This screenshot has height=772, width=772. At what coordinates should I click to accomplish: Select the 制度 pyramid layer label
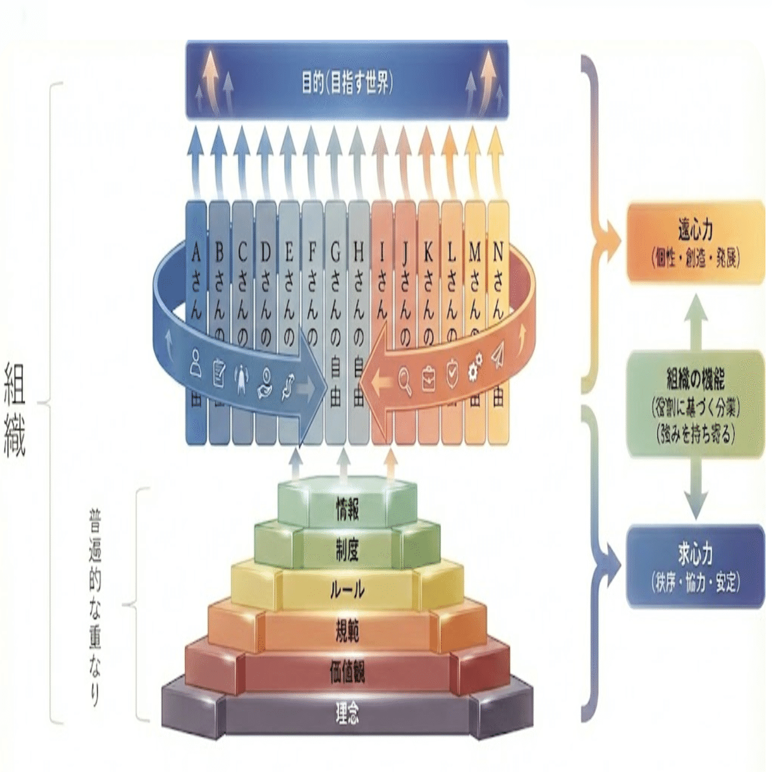pyautogui.click(x=347, y=551)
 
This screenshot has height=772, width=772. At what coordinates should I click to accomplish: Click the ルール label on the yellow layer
pyautogui.click(x=347, y=590)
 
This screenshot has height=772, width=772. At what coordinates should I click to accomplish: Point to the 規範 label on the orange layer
pyautogui.click(x=347, y=631)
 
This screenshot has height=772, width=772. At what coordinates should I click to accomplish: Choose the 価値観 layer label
pyautogui.click(x=347, y=673)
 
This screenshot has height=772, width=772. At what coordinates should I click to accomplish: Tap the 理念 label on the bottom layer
pyautogui.click(x=347, y=714)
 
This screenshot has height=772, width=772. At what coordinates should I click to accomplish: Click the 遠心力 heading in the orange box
pyautogui.click(x=695, y=230)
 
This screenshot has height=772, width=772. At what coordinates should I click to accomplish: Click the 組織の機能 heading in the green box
pyautogui.click(x=695, y=378)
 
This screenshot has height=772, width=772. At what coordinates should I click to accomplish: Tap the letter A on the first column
pyautogui.click(x=196, y=252)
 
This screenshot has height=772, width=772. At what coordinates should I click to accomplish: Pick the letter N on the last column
pyautogui.click(x=498, y=252)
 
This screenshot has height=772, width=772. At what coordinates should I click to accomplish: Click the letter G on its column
pyautogui.click(x=335, y=252)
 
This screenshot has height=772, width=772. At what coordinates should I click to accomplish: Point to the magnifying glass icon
pyautogui.click(x=405, y=380)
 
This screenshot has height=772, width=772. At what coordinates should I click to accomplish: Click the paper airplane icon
pyautogui.click(x=498, y=357)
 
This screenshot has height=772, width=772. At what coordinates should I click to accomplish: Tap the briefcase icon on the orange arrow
pyautogui.click(x=429, y=380)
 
